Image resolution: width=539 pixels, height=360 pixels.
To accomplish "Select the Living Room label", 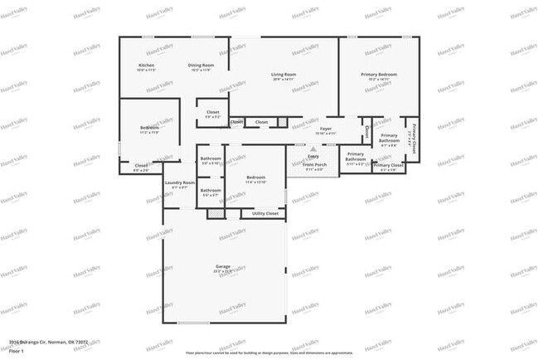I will [284, 75].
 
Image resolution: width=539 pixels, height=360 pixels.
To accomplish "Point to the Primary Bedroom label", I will [379, 75].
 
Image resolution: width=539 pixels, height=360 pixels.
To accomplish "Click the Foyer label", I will [326, 129].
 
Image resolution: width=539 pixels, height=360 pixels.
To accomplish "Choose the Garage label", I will [223, 266].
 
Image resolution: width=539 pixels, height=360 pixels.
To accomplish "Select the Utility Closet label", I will [265, 213].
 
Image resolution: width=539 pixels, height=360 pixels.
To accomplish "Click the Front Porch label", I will [314, 164].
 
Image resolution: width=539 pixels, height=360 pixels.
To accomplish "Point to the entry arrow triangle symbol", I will [313, 149].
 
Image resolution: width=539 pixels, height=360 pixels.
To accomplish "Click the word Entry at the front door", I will [313, 156].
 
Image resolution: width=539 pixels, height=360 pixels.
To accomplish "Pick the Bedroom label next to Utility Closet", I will [255, 177].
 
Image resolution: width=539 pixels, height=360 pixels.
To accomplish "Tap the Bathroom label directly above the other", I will [211, 158].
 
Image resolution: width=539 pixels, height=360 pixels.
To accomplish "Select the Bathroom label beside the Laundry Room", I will [211, 190].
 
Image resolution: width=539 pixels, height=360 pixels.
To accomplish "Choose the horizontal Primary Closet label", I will [388, 165].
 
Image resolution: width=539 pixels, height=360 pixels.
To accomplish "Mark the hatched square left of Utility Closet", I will [216, 213].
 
